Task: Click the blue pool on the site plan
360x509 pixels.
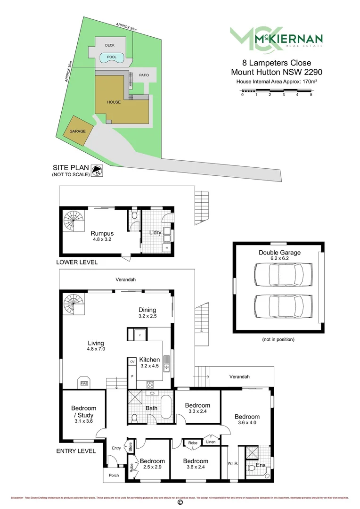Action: (x=112, y=57)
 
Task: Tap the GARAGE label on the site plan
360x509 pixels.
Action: (x=78, y=131)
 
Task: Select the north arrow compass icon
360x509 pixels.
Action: (x=98, y=171)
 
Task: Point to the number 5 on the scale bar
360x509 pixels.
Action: (x=311, y=95)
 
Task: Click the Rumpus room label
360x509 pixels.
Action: (x=102, y=233)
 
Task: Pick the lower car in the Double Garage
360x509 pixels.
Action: (x=278, y=306)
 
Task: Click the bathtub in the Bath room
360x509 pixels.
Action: (x=166, y=407)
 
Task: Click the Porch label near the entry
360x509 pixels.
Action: (x=114, y=475)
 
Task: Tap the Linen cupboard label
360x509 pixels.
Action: (x=210, y=442)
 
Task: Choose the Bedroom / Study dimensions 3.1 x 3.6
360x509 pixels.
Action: (x=83, y=421)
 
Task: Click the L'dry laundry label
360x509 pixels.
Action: (x=155, y=233)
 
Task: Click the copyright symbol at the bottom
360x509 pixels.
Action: (x=180, y=503)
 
